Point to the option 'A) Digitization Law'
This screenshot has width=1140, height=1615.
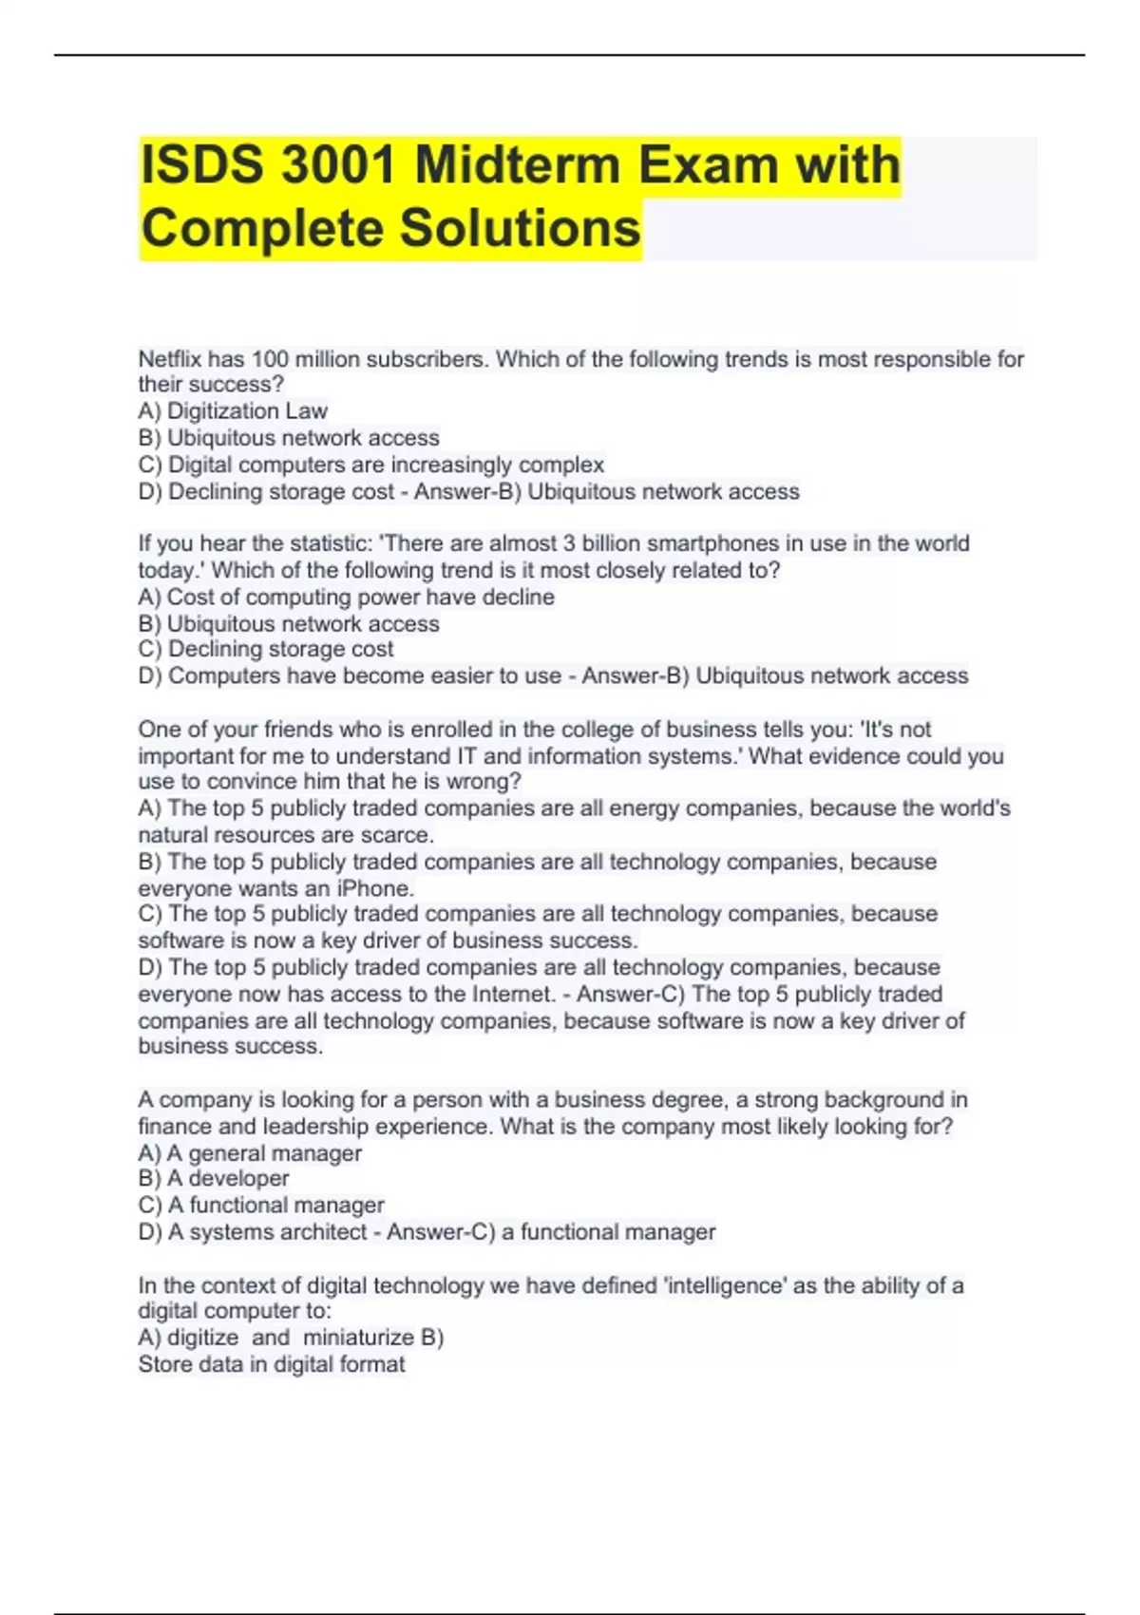pos(233,411)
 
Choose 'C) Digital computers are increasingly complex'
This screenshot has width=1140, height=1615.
pos(370,465)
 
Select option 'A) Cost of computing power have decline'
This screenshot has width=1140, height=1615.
pos(347,597)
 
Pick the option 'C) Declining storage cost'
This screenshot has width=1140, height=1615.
pos(266,649)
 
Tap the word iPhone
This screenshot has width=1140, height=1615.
pos(374,888)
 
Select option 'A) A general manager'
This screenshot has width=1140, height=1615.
pos(250,1153)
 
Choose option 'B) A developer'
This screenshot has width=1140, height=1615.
pos(214,1178)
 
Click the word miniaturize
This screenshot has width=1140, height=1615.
pos(358,1338)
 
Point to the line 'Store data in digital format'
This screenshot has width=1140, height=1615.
pos(272,1364)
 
